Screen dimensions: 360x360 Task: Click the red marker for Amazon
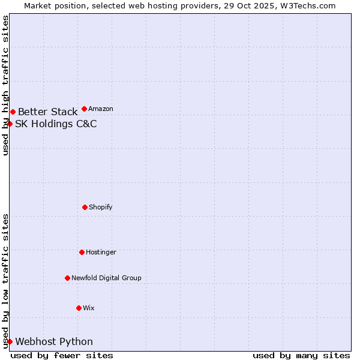[x=84, y=109]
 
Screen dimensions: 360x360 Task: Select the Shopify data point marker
[x=85, y=207]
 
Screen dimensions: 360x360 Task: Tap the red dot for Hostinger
[x=82, y=252]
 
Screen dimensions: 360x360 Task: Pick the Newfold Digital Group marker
[x=67, y=278]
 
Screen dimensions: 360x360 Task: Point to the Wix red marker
[x=79, y=308]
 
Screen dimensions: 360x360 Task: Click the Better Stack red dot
[x=13, y=112]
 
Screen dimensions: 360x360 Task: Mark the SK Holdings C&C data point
[x=10, y=124]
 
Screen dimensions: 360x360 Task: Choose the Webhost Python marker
[x=10, y=341]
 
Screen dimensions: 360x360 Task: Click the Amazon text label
[x=101, y=109]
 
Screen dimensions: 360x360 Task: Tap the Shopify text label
[x=101, y=208]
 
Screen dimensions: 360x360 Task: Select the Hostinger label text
[x=101, y=253]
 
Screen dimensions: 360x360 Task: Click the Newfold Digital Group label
[x=106, y=278]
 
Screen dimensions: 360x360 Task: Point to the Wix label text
[x=89, y=308]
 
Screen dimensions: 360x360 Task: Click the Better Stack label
[x=47, y=112]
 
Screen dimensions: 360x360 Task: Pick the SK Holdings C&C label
[x=56, y=124]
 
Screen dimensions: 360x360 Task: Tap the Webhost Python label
[x=54, y=342]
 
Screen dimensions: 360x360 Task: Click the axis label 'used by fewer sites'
[x=62, y=355]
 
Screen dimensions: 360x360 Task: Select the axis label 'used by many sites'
[x=301, y=355]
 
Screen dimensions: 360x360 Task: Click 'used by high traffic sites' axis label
[x=5, y=85]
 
